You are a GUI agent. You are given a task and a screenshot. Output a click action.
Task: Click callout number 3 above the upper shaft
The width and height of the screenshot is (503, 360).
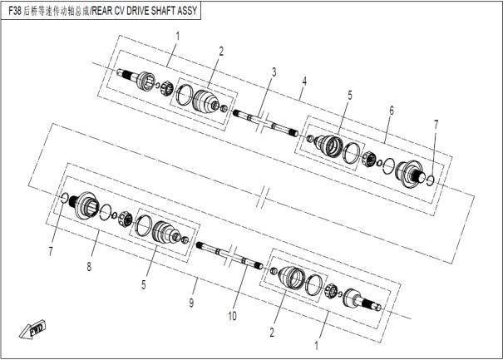(274, 72)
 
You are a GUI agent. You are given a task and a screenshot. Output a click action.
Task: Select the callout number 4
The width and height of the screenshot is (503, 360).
(304, 81)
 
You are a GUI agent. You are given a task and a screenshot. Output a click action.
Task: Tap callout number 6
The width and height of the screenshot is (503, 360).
(392, 111)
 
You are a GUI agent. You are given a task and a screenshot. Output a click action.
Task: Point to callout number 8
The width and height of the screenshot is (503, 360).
(89, 266)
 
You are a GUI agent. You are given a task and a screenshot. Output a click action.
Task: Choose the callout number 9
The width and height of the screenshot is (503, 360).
(191, 303)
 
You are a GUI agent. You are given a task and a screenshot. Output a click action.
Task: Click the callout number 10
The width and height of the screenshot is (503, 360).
(232, 317)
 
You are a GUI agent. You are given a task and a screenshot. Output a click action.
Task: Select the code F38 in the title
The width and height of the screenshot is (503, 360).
(15, 11)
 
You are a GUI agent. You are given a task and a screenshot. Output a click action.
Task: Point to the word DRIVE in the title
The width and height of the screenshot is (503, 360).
(138, 11)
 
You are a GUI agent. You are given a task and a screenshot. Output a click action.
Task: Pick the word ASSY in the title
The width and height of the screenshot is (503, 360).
(187, 11)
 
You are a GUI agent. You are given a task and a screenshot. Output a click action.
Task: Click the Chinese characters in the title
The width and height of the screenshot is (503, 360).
(56, 12)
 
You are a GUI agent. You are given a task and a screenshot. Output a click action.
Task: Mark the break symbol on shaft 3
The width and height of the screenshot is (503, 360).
(261, 122)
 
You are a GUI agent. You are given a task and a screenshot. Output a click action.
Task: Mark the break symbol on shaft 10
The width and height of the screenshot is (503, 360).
(232, 257)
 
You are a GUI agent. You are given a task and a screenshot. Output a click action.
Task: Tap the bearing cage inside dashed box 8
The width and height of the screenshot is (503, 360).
(126, 219)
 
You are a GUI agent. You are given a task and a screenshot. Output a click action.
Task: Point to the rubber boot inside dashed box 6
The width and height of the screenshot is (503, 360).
(328, 146)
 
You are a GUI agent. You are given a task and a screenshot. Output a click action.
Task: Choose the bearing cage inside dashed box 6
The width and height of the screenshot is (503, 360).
(368, 159)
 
